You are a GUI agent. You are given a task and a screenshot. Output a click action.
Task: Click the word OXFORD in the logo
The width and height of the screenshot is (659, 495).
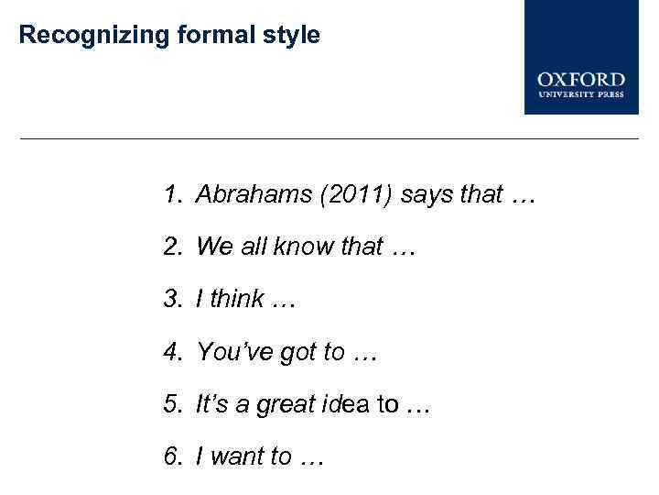(x=581, y=80)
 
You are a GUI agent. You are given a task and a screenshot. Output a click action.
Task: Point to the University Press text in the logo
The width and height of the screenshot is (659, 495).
(x=581, y=93)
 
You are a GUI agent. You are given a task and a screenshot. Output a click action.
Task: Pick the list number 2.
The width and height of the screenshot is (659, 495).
(x=172, y=247)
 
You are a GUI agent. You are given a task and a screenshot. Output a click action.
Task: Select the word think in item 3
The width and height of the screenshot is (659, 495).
(x=237, y=299)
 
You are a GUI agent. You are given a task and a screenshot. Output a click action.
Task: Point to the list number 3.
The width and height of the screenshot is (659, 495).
(x=172, y=299)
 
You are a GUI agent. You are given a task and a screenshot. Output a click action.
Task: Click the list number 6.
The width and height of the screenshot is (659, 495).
(x=172, y=456)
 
